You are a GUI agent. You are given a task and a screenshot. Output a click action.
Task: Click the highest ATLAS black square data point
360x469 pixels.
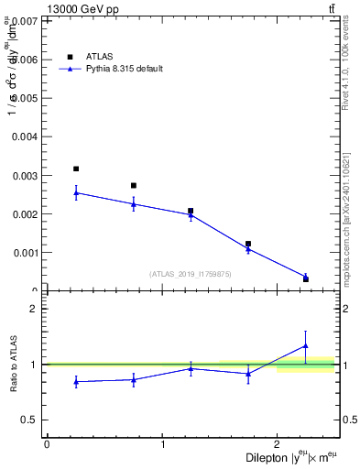pyautogui.click(x=76, y=169)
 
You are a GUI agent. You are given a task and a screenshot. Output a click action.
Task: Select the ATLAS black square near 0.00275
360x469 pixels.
pyautogui.click(x=134, y=185)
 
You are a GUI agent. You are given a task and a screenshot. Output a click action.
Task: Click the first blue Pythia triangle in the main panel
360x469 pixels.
pyautogui.click(x=76, y=192)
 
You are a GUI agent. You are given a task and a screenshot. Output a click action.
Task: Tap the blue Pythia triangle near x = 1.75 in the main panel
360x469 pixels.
pyautogui.click(x=248, y=248)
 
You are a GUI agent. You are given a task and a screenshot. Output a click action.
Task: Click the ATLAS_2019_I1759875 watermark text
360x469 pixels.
pyautogui.click(x=191, y=274)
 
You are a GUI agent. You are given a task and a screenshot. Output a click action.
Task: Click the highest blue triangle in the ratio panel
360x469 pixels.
pyautogui.click(x=306, y=345)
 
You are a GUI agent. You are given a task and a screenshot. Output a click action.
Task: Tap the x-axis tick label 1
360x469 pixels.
pyautogui.click(x=162, y=443)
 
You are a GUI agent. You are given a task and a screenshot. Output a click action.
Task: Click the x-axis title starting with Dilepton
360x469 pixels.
pyautogui.click(x=289, y=457)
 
